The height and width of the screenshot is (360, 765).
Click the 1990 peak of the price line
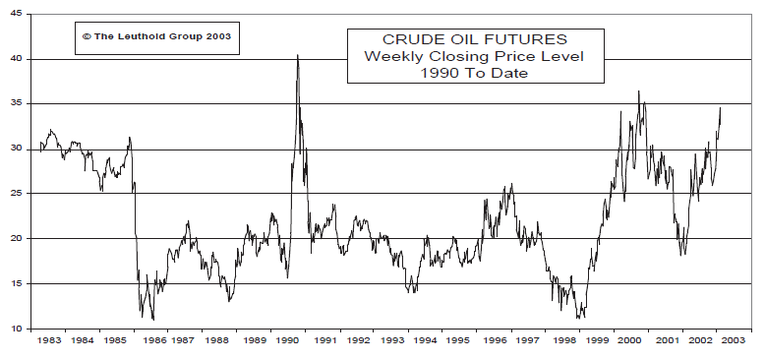coord(298,56)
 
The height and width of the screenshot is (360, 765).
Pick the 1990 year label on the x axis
coord(287,341)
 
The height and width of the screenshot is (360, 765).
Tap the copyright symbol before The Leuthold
coord(87,35)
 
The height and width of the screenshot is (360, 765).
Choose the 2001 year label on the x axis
coord(668,341)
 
